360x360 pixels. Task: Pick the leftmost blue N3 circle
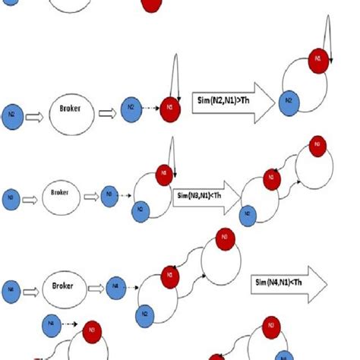(11, 195)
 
